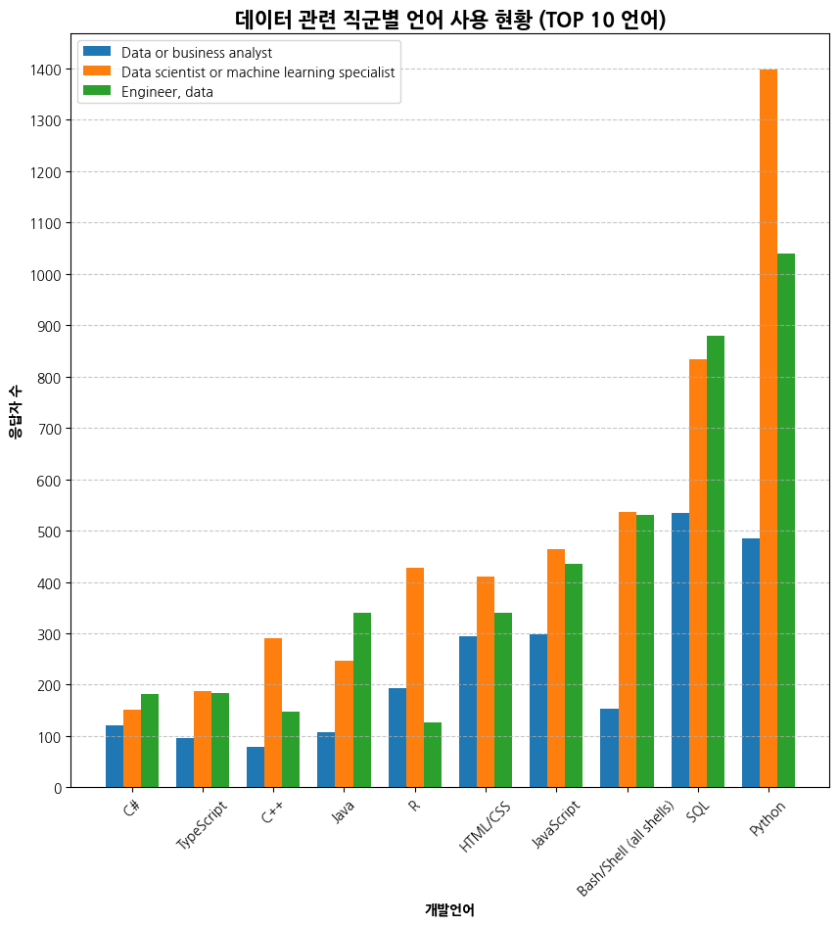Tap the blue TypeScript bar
[x=185, y=763]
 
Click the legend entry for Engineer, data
[x=167, y=92]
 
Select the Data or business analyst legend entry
[x=197, y=53]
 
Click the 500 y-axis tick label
[x=50, y=532]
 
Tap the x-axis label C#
[x=131, y=810]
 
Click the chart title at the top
[x=450, y=20]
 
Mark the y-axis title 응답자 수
[x=15, y=410]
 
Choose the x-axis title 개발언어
[x=449, y=909]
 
